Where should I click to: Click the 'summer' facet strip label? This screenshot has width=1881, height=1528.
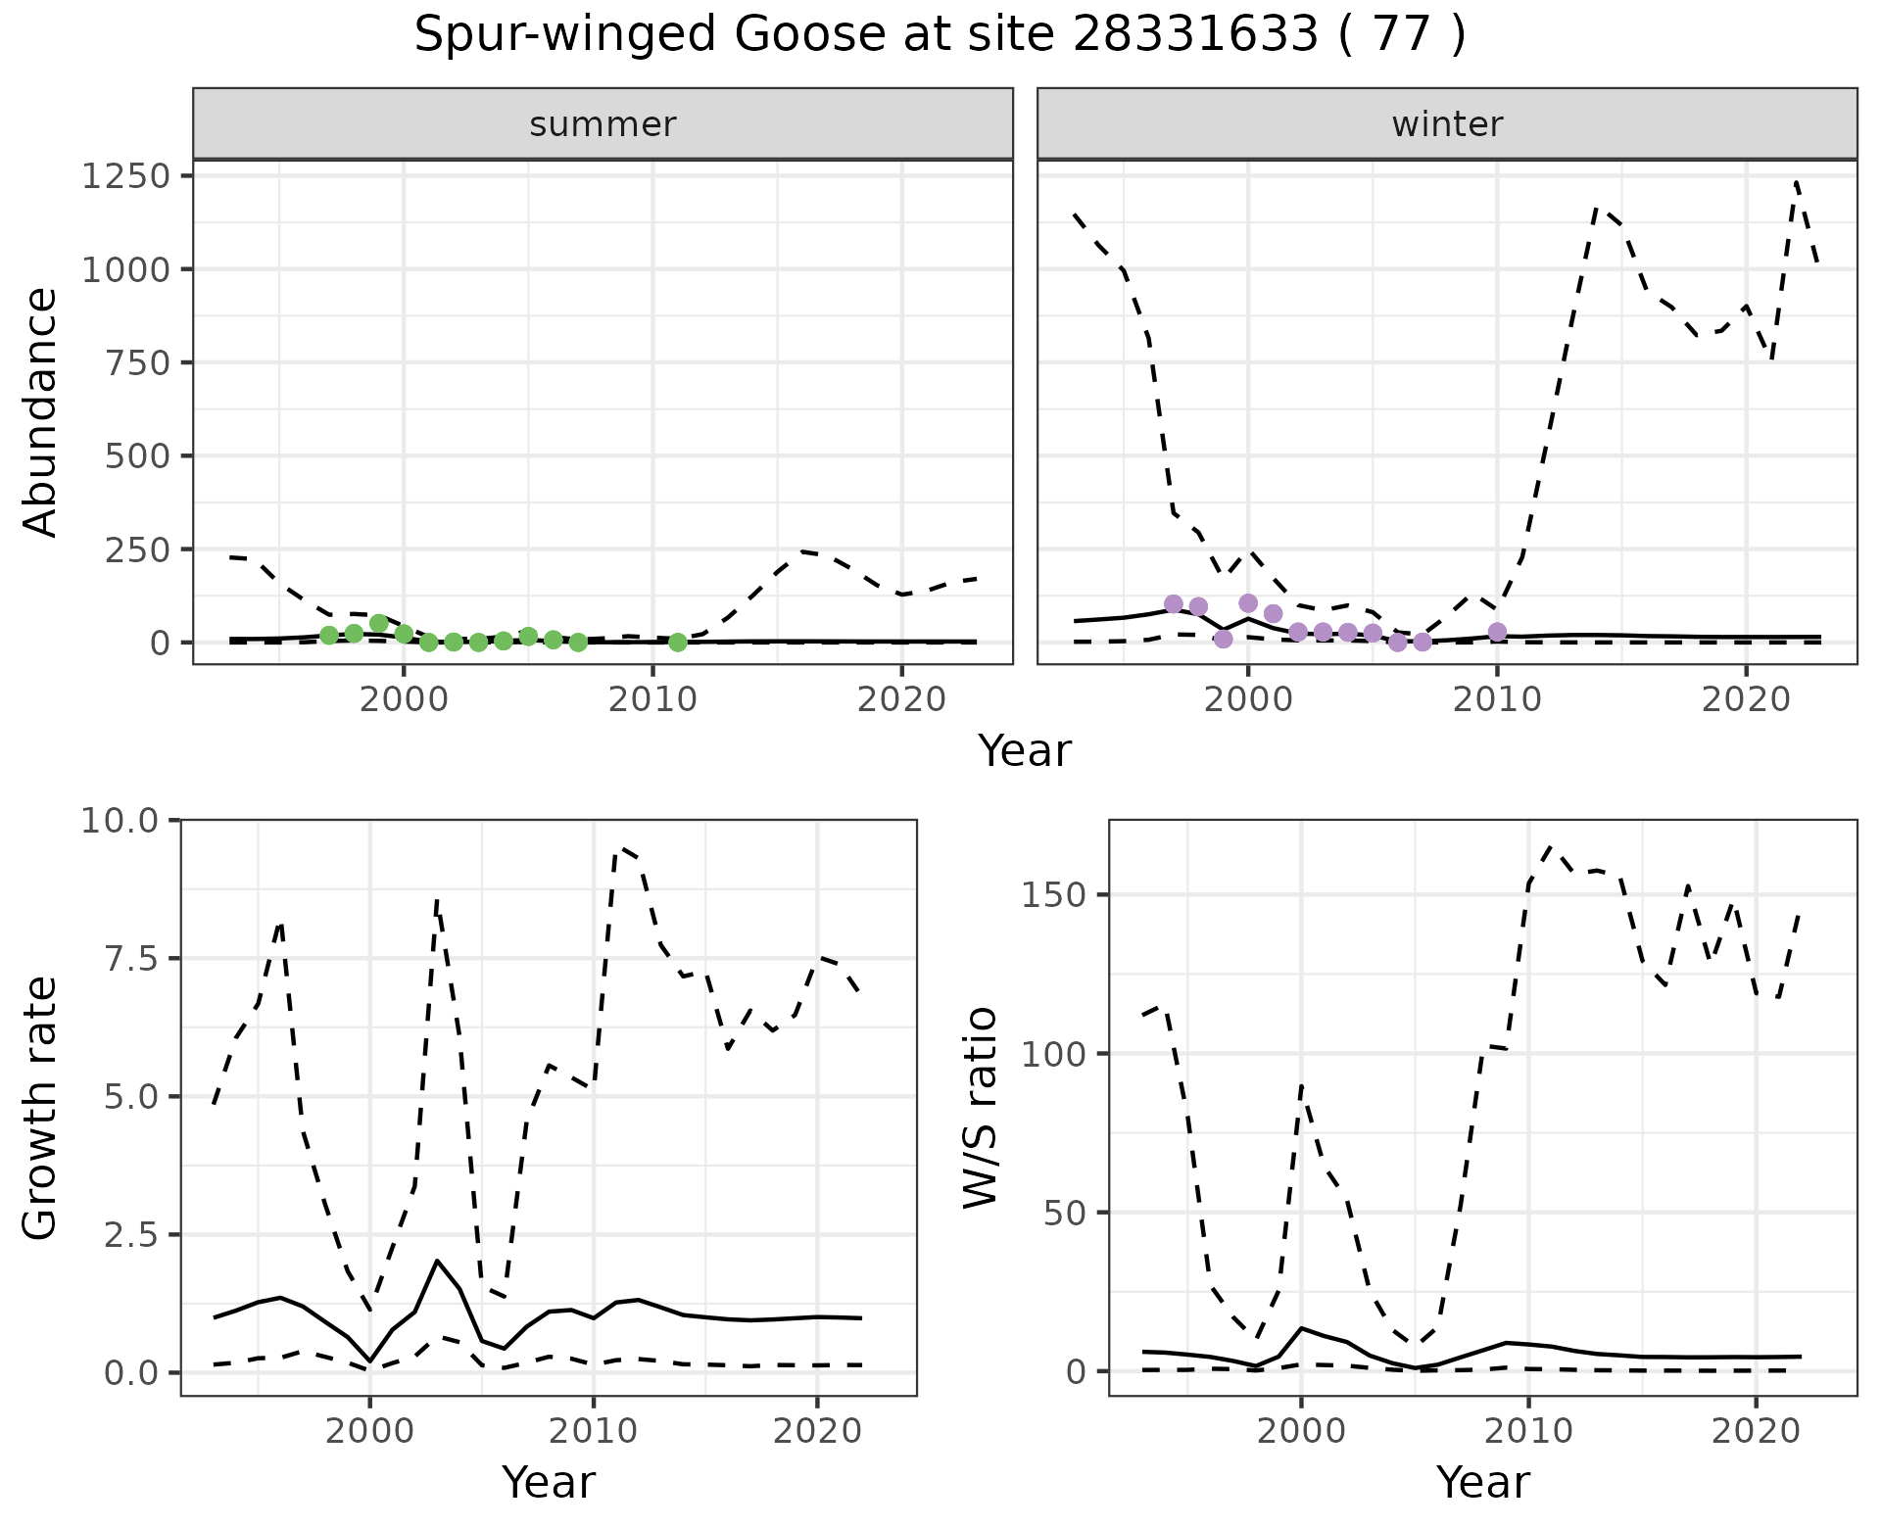click(x=603, y=124)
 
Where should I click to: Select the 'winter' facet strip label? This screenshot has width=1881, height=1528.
click(x=1447, y=124)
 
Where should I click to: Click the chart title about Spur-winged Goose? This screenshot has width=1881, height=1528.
click(x=940, y=35)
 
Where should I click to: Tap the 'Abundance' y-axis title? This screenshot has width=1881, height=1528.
click(x=41, y=411)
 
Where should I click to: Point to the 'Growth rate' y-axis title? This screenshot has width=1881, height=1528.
click(x=41, y=1108)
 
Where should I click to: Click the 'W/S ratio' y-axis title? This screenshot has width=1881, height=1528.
click(x=980, y=1108)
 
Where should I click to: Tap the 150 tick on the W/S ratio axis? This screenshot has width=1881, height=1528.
click(x=1054, y=895)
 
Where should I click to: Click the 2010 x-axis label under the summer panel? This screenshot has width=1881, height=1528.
click(x=652, y=700)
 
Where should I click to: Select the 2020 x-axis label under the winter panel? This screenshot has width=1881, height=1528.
click(x=1745, y=700)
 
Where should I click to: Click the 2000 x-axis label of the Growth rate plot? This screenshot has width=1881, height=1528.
click(x=369, y=1432)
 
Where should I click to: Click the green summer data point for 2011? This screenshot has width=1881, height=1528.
click(x=677, y=643)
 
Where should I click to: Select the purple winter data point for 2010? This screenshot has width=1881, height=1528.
click(x=1497, y=632)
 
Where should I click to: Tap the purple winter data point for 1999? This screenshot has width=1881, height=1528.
click(x=1223, y=639)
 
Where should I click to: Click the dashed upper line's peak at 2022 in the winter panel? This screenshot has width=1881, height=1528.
click(x=1796, y=181)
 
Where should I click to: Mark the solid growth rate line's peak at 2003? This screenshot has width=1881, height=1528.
click(x=437, y=1261)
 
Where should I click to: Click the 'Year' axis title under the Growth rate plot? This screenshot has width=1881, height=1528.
click(x=549, y=1483)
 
